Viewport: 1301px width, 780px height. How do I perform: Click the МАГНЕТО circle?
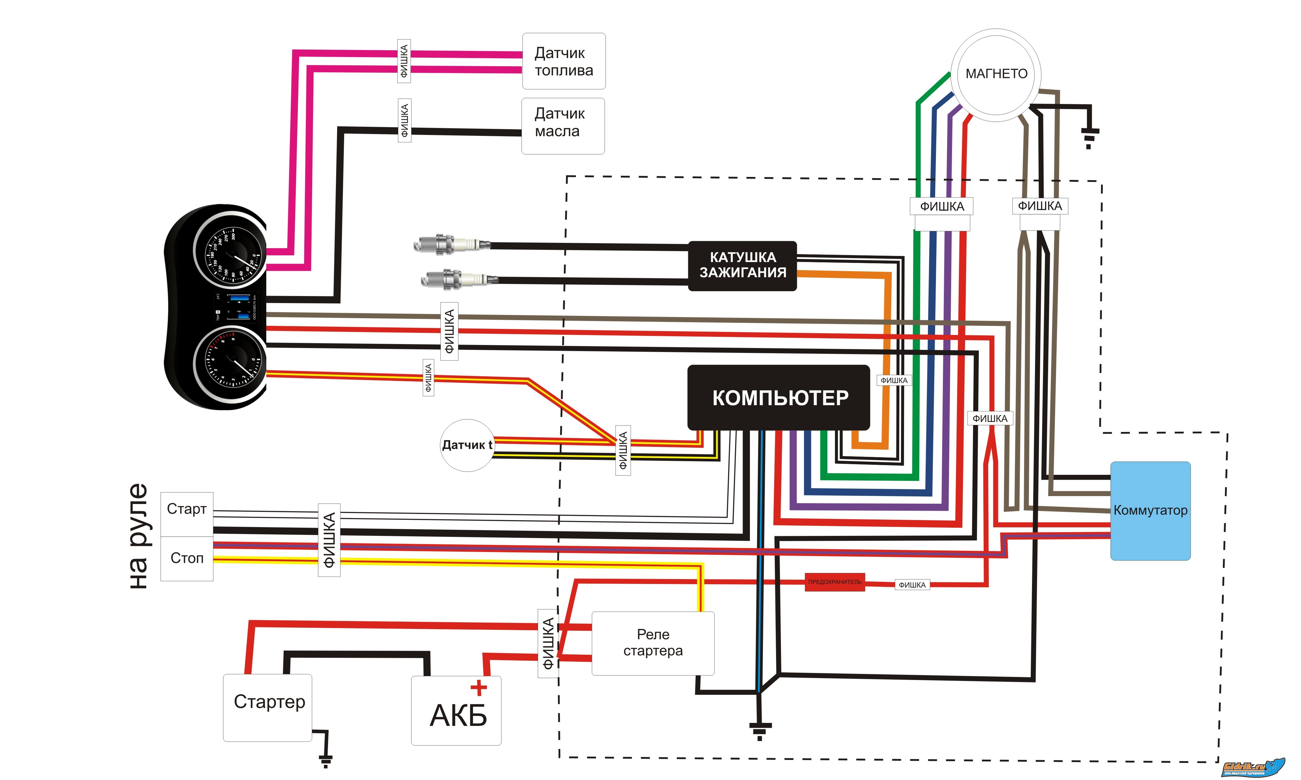(x=996, y=75)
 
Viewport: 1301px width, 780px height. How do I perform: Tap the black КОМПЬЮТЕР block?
(x=779, y=398)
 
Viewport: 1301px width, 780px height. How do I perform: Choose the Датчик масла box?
(x=562, y=126)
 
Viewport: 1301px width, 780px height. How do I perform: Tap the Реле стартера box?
(x=653, y=643)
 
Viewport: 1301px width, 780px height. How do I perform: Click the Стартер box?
(x=268, y=707)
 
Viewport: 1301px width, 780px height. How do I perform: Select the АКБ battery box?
(x=456, y=711)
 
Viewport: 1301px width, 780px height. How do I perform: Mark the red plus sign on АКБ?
(x=478, y=688)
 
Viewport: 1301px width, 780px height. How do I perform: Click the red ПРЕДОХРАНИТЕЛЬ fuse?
(x=834, y=582)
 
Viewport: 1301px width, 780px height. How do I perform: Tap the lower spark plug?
(x=458, y=279)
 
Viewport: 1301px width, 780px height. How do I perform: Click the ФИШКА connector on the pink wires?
(x=404, y=61)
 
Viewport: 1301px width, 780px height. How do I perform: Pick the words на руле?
(x=139, y=536)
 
